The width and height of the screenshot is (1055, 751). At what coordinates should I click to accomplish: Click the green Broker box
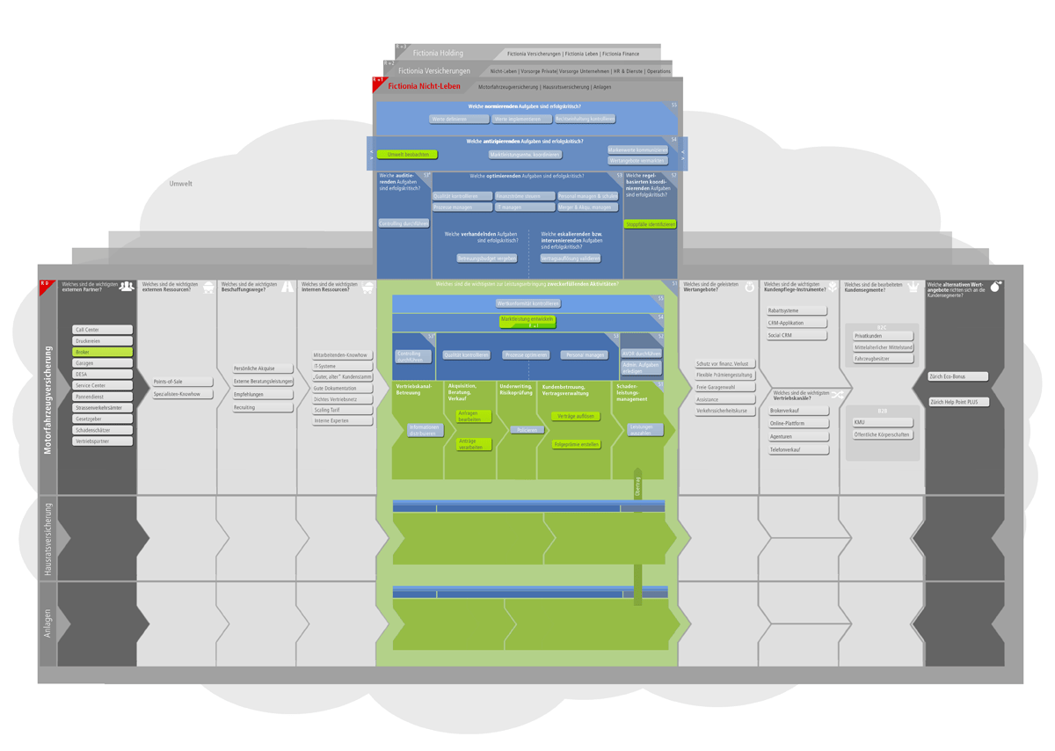pos(102,352)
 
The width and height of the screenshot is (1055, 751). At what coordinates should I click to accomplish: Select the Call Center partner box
pos(102,330)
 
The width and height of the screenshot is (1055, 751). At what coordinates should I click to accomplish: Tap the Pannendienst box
pos(102,397)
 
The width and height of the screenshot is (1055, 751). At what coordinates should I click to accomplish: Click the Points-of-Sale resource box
pos(182,382)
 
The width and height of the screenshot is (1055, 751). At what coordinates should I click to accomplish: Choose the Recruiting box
pos(262,407)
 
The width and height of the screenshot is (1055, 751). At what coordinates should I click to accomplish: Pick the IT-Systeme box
pos(342,366)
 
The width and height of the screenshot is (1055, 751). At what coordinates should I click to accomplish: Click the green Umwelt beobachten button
pos(407,154)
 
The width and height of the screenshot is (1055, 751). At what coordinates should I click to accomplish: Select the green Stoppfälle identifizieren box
pos(650,224)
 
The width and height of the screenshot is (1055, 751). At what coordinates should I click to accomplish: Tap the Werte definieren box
pos(458,119)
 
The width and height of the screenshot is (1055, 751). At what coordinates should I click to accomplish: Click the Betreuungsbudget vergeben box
pos(486,259)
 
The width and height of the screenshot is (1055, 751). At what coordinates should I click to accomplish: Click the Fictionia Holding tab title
pos(438,54)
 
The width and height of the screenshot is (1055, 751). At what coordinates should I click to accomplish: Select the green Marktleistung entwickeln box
pos(527,320)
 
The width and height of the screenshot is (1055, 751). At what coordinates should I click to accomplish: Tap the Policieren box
pos(526,430)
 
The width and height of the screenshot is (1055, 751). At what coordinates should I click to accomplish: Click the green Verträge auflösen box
pos(576,416)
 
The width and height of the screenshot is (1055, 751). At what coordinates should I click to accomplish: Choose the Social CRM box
pos(797,335)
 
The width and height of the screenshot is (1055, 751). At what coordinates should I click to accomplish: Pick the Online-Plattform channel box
pos(798,423)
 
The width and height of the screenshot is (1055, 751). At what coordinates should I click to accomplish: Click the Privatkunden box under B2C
pos(883,336)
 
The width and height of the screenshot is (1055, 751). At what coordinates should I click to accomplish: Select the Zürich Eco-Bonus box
pos(957,376)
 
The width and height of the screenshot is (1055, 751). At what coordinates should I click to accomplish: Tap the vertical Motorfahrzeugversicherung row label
pos(47,400)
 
